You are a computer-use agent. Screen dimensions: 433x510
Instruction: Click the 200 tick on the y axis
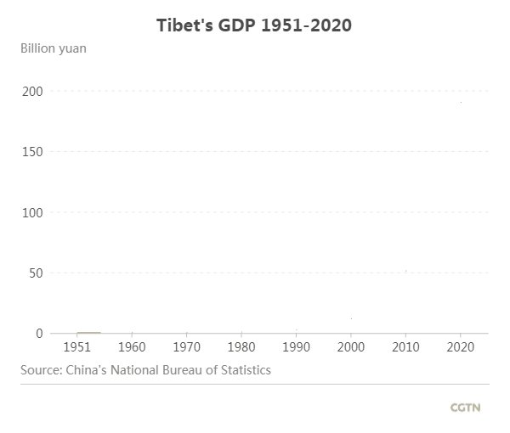coord(31,91)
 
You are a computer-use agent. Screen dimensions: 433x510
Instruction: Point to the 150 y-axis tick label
coord(31,152)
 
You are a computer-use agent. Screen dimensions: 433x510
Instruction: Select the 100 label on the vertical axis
coord(31,212)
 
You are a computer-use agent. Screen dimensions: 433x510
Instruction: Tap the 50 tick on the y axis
coord(35,273)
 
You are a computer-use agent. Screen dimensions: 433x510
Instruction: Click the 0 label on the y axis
coord(38,334)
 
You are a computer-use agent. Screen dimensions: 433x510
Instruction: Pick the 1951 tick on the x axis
coord(77,347)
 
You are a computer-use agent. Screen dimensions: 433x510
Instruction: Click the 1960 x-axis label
coord(132,347)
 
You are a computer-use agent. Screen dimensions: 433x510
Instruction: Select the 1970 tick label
coord(187,347)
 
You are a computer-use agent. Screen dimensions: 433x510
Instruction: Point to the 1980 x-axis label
coord(241,347)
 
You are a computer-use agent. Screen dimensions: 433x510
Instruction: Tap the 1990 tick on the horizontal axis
coord(297,347)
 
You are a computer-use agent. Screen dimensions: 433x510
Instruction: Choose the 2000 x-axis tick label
coord(351,347)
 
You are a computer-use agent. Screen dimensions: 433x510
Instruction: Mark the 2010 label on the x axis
coord(406,347)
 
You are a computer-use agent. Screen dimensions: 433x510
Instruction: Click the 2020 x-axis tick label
coord(461,347)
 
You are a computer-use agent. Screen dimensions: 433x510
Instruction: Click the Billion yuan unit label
coord(54,48)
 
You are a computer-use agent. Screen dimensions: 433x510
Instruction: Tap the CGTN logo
coord(465,408)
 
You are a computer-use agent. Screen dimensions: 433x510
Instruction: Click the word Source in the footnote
coord(40,370)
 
